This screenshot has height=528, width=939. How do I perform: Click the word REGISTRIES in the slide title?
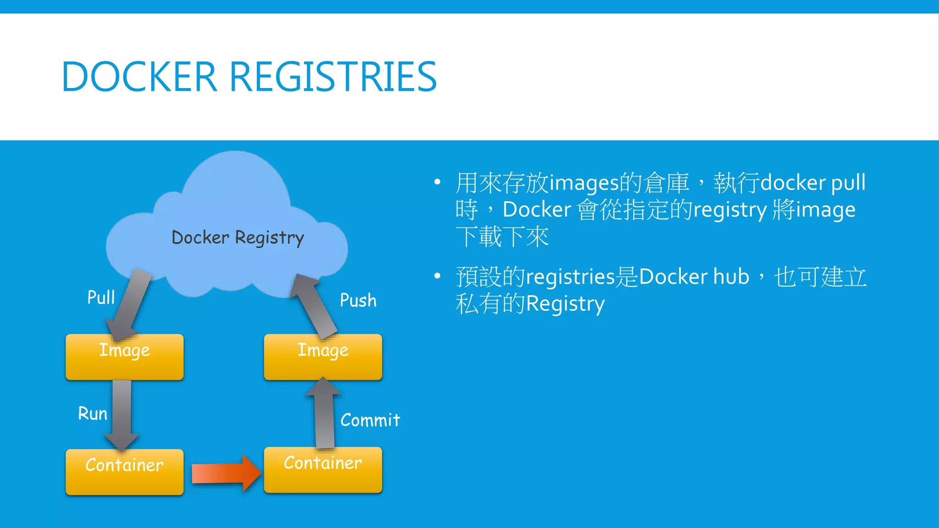pyautogui.click(x=332, y=77)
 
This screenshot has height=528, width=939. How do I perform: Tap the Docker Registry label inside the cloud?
pyautogui.click(x=238, y=238)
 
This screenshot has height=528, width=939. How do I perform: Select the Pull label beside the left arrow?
pyautogui.click(x=101, y=297)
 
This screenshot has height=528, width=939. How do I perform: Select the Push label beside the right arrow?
pyautogui.click(x=358, y=301)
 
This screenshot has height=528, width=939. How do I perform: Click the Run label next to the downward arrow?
pyautogui.click(x=93, y=413)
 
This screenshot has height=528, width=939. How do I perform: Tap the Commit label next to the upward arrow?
pyautogui.click(x=370, y=420)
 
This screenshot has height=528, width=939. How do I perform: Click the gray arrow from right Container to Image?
pyautogui.click(x=324, y=412)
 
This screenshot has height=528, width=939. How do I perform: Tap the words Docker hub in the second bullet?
pyautogui.click(x=694, y=277)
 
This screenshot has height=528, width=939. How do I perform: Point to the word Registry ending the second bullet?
pyautogui.click(x=565, y=304)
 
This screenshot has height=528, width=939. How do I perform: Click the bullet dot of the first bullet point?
pyautogui.click(x=437, y=182)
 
